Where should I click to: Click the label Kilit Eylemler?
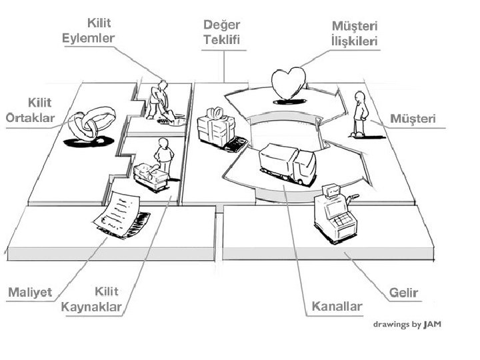(x=89, y=30)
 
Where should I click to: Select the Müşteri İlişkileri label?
(x=355, y=33)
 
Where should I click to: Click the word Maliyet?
(x=29, y=293)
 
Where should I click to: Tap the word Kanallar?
(x=337, y=307)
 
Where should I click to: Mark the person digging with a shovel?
(x=160, y=101)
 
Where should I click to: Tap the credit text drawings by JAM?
(x=407, y=325)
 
